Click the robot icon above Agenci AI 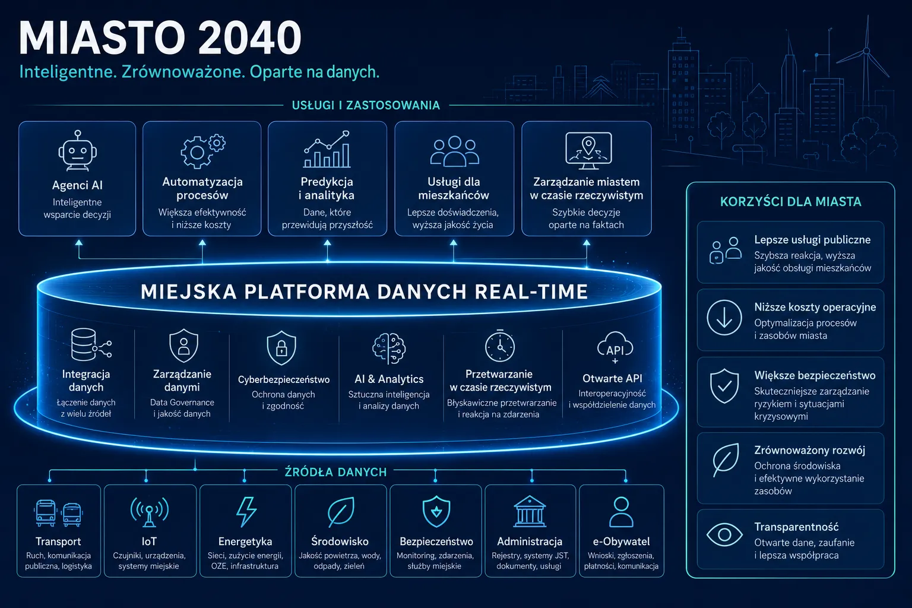(x=77, y=150)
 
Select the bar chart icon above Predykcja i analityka (x=327, y=149)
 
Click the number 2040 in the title (x=251, y=38)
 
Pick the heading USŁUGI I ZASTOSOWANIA (x=366, y=106)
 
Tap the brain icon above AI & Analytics (x=389, y=349)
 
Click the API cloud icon (x=615, y=347)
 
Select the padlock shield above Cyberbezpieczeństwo (x=281, y=347)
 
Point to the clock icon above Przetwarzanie (x=500, y=346)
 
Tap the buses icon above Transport (x=59, y=513)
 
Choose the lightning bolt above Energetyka (x=246, y=512)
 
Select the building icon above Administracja (x=530, y=511)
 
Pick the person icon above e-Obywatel (x=621, y=512)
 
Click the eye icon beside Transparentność (x=724, y=535)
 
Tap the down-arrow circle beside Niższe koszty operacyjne (x=724, y=318)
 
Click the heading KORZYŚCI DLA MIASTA (x=791, y=202)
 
